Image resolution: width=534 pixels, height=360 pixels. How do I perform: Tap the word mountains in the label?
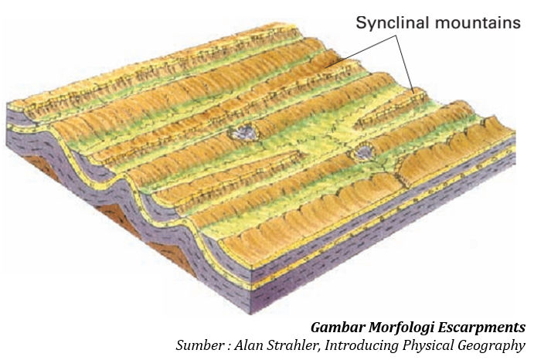pos(478,22)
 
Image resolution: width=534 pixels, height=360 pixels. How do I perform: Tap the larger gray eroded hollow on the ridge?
pos(243,132)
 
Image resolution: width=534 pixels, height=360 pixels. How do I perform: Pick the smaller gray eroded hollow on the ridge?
pos(362,152)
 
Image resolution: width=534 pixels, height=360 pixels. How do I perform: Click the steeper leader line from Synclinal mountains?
pos(404,63)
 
